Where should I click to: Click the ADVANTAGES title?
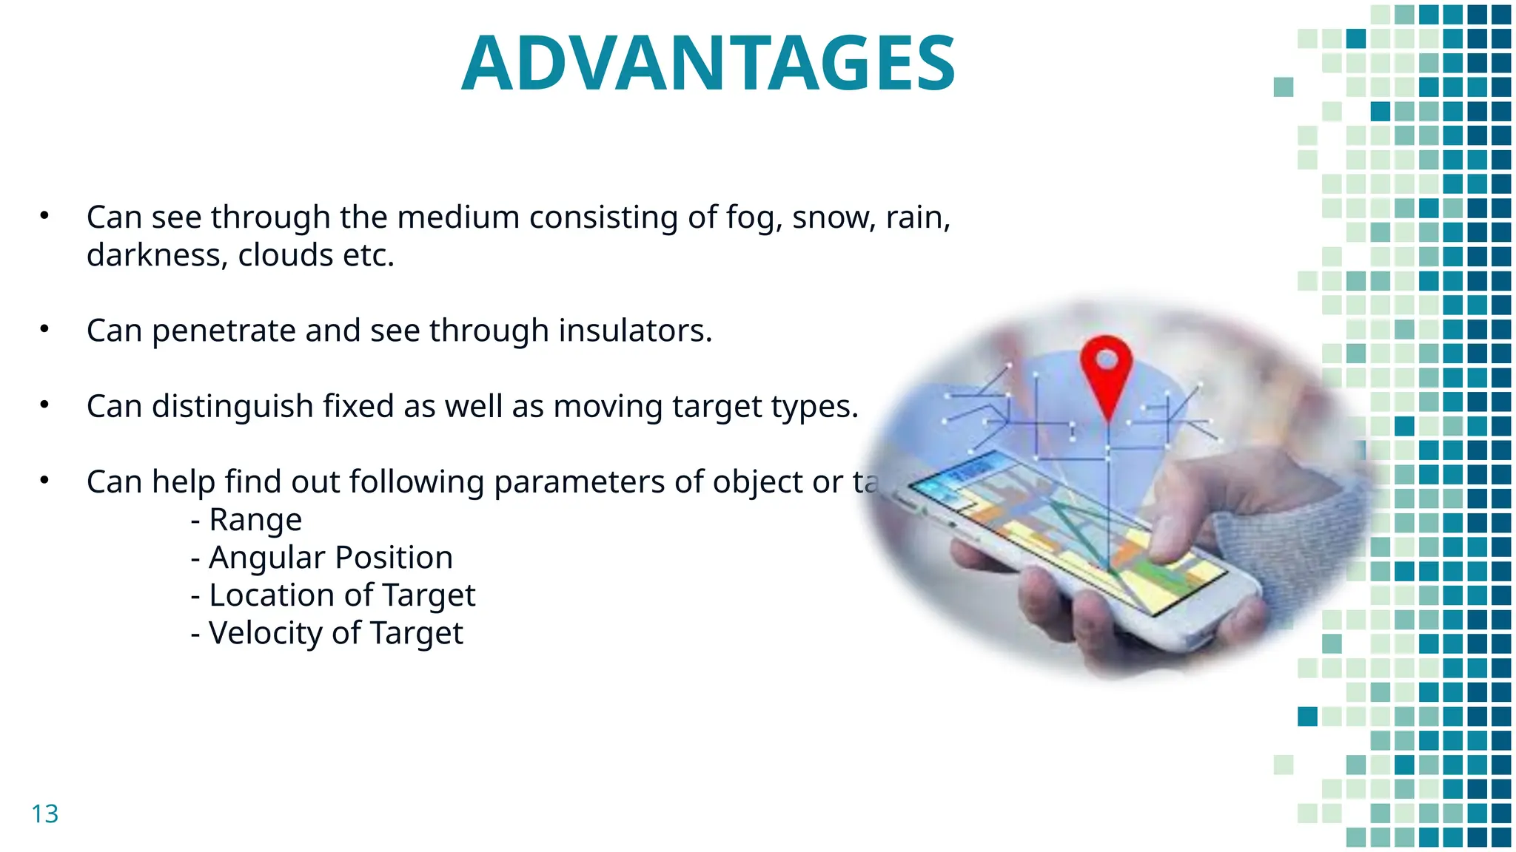click(708, 65)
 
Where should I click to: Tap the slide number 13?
click(44, 814)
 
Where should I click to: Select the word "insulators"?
click(635, 331)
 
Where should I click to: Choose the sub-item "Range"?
click(255, 520)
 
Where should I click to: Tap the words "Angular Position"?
click(330, 558)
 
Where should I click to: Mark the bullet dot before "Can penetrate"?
click(44, 329)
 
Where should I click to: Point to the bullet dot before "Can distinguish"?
click(44, 405)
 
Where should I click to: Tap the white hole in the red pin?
click(1106, 360)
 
